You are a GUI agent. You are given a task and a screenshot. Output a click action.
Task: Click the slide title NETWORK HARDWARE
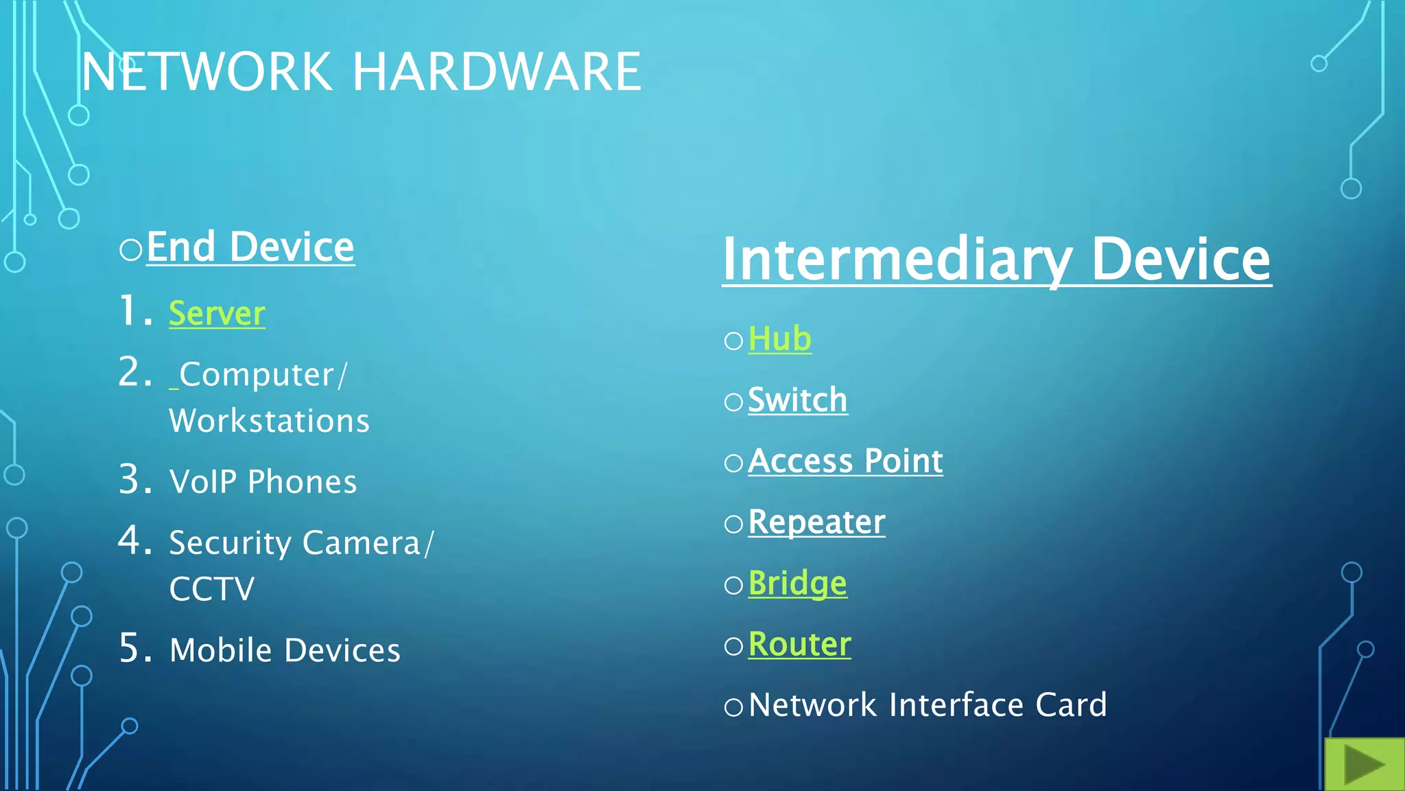pos(361,71)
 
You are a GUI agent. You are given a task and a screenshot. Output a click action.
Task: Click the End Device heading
pos(250,247)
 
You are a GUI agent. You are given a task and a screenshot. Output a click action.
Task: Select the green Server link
pos(217,314)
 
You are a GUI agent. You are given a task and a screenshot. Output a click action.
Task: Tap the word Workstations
pos(270,421)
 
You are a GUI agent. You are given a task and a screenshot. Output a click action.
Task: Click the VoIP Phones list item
pos(263,481)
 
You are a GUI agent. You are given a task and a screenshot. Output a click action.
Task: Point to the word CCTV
pos(212,589)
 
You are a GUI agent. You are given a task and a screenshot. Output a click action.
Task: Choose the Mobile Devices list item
pos(285,650)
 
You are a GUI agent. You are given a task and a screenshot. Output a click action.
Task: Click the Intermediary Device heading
pos(996,260)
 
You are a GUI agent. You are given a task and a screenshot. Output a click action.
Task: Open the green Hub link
pos(780,339)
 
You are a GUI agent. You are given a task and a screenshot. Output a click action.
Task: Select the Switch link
pos(797,400)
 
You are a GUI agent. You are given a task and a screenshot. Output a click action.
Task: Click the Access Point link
pos(845,461)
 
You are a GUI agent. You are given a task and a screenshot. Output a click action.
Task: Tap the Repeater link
pos(816,522)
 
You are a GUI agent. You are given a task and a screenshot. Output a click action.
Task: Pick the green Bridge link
pos(797,583)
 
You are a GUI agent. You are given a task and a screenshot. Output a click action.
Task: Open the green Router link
pos(799,644)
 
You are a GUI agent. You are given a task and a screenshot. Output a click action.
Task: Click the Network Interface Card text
pos(928,705)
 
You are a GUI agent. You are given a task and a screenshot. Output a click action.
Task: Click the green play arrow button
pos(1364,764)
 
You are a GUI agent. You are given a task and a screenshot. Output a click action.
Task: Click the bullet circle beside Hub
pos(733,341)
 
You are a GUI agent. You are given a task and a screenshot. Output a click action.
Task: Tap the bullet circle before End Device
pos(130,249)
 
